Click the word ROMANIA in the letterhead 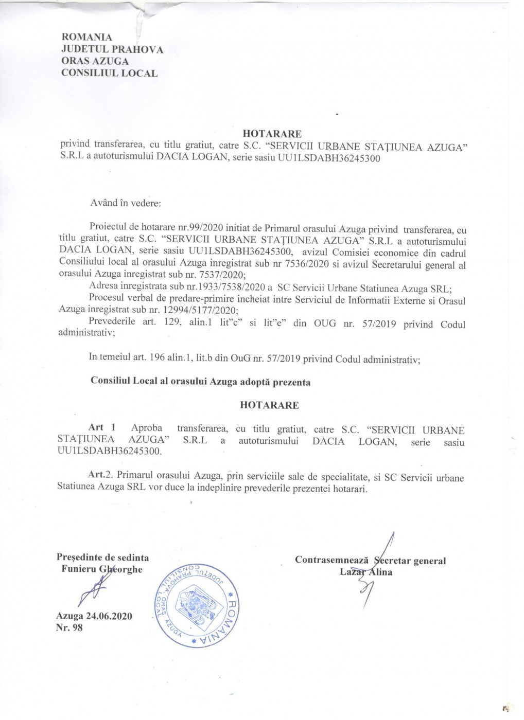point(86,37)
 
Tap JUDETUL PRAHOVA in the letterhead point(112,49)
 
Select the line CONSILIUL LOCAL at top point(109,73)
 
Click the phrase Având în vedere point(126,203)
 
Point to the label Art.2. point(103,476)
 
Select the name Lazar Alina point(366,572)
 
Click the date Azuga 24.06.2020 point(94,616)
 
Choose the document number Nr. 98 point(69,627)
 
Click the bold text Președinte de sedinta point(103,557)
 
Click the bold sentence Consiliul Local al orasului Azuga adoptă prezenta point(201,382)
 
